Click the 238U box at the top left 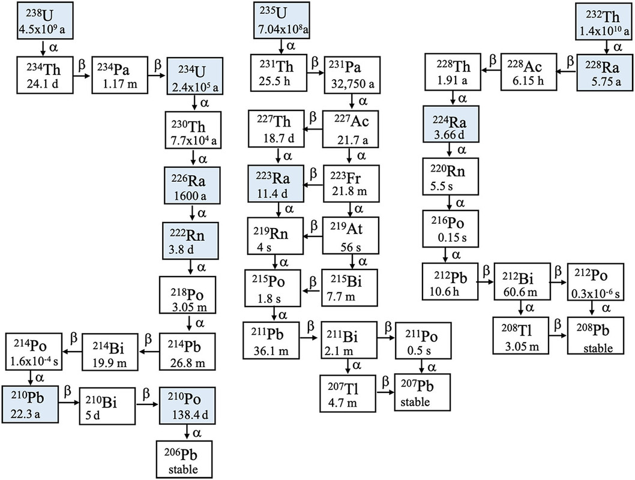[x=43, y=20]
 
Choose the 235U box [x=284, y=20]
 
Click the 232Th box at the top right [x=602, y=20]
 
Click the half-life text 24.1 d [x=42, y=85]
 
